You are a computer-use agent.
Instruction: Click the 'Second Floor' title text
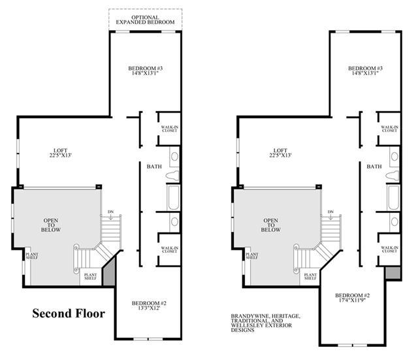(69, 314)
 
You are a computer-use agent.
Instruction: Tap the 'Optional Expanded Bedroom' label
(145, 20)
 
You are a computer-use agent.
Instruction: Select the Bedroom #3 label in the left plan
(145, 71)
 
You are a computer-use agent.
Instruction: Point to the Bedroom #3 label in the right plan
(365, 71)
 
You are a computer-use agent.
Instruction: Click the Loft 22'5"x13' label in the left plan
(61, 153)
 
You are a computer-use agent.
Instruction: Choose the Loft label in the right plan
(280, 153)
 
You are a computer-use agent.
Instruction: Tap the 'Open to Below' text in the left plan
(51, 225)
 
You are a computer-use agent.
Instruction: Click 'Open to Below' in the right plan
(270, 225)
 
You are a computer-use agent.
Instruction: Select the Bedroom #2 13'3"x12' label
(149, 306)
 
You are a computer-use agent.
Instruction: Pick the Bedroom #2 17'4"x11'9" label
(353, 297)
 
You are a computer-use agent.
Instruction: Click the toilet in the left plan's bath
(173, 176)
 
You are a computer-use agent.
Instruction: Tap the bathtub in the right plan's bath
(393, 197)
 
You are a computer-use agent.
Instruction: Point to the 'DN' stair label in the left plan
(110, 212)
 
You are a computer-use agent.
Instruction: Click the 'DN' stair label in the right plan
(330, 212)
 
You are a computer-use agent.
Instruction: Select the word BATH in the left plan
(154, 167)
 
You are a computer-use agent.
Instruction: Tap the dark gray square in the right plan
(393, 273)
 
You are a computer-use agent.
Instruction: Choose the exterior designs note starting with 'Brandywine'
(266, 323)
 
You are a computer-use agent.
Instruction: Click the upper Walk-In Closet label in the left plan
(170, 129)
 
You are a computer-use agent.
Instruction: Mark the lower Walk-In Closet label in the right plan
(389, 250)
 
